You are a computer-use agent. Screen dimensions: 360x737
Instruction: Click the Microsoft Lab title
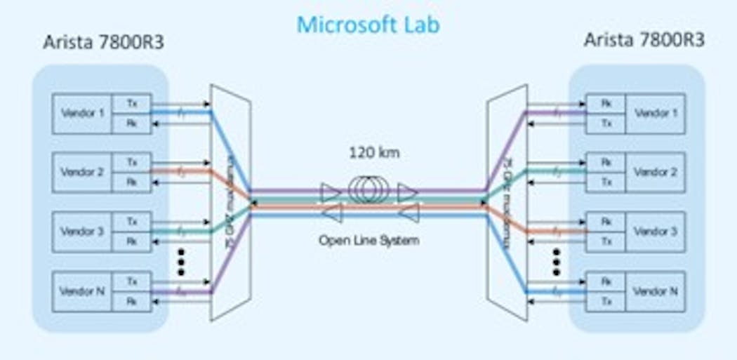click(x=368, y=24)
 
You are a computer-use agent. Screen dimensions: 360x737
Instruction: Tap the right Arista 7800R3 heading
click(x=644, y=40)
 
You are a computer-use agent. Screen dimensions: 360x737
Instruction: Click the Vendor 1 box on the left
click(x=83, y=113)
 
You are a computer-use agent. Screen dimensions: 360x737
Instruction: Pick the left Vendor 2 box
click(x=83, y=172)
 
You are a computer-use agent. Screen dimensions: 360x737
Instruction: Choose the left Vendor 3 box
click(x=83, y=231)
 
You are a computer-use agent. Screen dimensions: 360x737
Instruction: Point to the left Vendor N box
click(x=83, y=291)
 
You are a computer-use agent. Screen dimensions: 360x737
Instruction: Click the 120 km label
click(x=369, y=152)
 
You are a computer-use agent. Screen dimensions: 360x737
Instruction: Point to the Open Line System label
click(x=368, y=240)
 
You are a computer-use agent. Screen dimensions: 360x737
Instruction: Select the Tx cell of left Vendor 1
click(x=132, y=103)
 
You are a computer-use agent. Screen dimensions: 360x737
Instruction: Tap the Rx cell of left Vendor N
click(x=132, y=301)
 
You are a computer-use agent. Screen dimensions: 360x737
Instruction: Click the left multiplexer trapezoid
click(x=231, y=201)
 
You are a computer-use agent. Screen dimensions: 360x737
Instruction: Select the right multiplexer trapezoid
click(x=507, y=201)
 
